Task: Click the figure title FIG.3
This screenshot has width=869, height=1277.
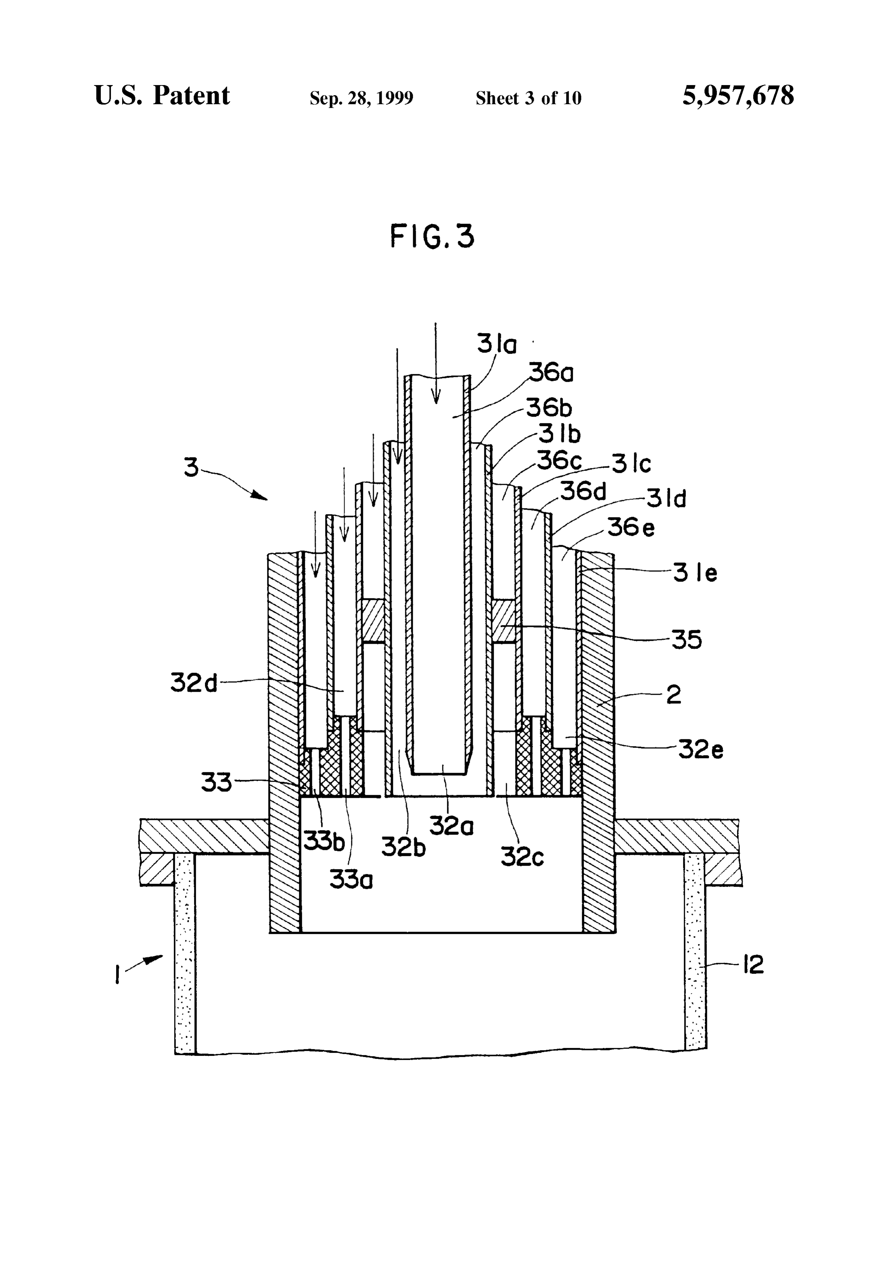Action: point(432,236)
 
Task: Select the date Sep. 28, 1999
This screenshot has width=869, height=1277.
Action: point(361,98)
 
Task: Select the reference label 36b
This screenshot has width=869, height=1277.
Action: point(549,407)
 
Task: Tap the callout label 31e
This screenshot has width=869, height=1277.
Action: point(696,573)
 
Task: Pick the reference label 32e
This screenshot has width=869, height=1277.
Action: point(700,748)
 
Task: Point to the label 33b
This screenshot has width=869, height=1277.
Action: point(324,841)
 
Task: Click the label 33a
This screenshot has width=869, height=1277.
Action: point(351,879)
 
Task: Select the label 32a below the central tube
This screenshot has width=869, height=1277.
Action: point(451,825)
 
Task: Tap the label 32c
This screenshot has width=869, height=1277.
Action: point(522,856)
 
